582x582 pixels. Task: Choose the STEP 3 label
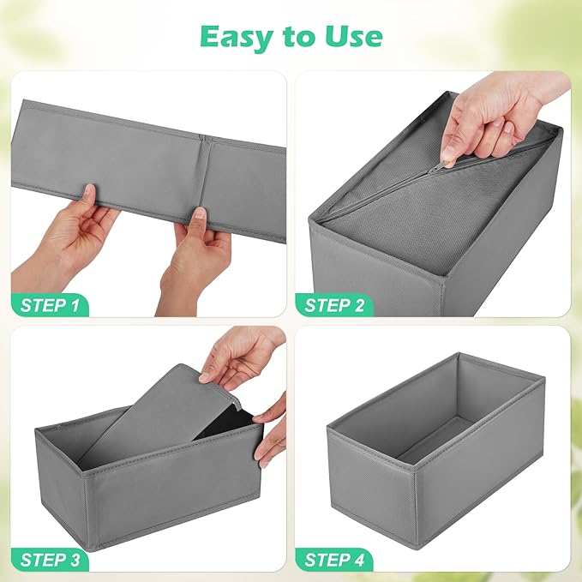pyautogui.click(x=57, y=560)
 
